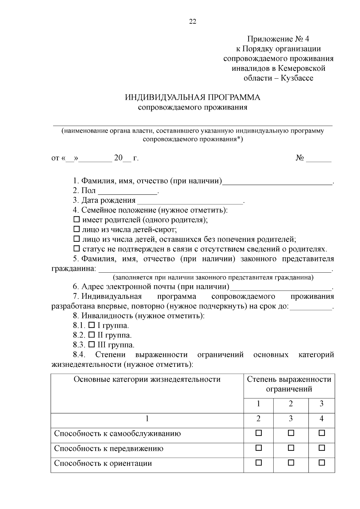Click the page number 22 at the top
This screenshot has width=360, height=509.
(193, 21)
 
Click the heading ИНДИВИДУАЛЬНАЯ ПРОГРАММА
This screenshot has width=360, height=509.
(193, 97)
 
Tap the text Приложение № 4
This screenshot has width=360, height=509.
(278, 39)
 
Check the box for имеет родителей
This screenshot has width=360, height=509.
(77, 220)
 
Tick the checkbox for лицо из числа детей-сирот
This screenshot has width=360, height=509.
(77, 229)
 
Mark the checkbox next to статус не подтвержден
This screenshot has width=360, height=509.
(77, 249)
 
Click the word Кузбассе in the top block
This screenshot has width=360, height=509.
(297, 78)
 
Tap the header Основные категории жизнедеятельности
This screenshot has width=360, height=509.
(147, 379)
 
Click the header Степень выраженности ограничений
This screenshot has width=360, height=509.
(289, 384)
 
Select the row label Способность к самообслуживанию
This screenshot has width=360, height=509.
(117, 434)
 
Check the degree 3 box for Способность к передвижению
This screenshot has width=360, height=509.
(322, 448)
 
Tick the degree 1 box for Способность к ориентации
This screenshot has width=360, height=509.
(258, 463)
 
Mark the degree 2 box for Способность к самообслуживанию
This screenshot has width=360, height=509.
(291, 433)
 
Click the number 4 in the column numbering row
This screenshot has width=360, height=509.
(322, 419)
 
